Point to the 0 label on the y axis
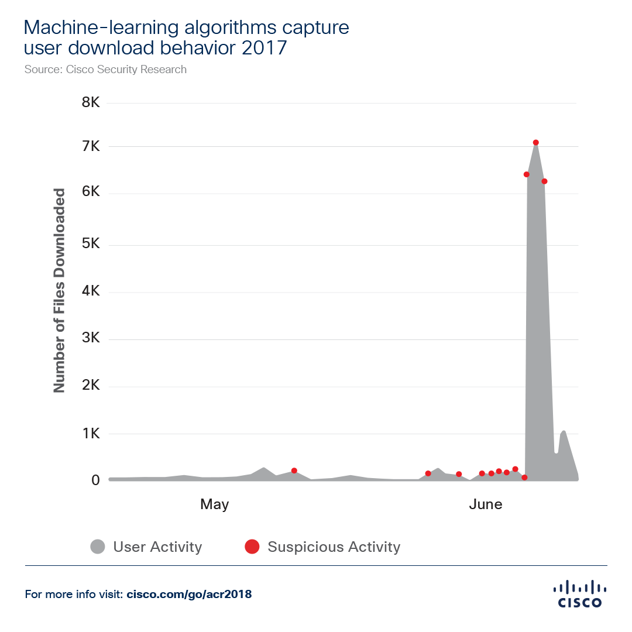click(95, 480)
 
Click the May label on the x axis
click(214, 504)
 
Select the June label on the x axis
click(485, 504)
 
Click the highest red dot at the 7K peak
click(535, 142)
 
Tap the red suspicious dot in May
click(294, 470)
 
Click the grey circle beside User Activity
click(98, 547)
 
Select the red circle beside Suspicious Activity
click(252, 547)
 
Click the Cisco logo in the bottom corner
click(579, 593)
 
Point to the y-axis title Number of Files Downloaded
click(59, 291)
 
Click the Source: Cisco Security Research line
click(106, 70)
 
